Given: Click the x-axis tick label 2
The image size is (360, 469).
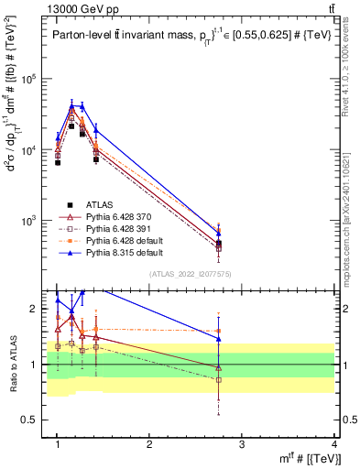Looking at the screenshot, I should coord(149,444).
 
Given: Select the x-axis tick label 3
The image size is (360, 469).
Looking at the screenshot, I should coord(242,444).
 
